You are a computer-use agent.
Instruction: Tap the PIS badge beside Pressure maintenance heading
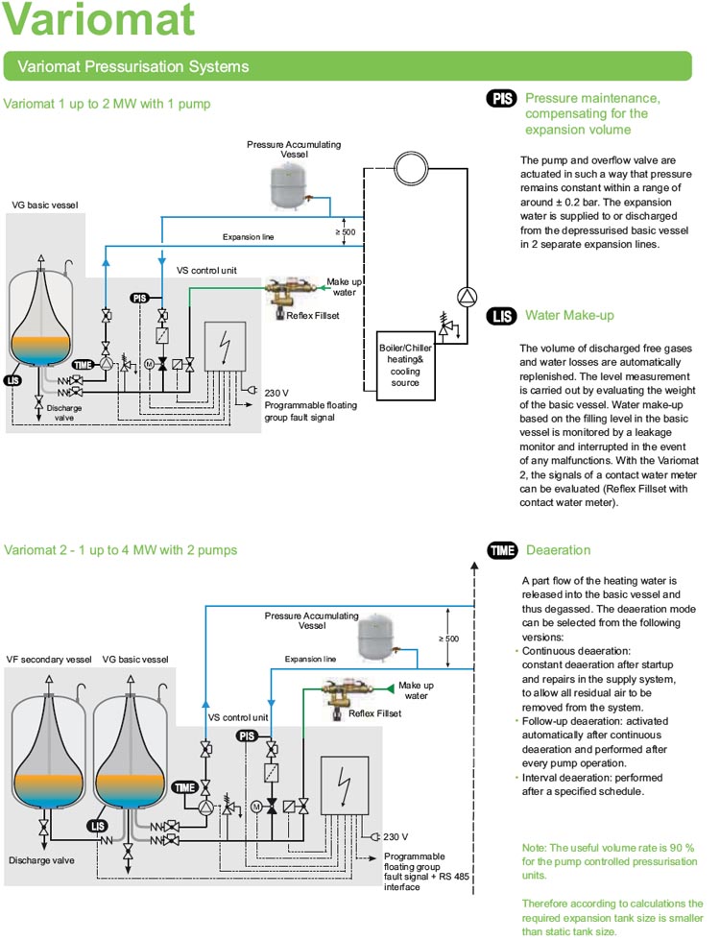[x=502, y=99]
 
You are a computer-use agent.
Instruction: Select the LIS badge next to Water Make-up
[x=502, y=316]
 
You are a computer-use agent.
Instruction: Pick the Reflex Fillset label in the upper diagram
[x=312, y=315]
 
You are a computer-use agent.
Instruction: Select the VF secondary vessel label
[x=49, y=660]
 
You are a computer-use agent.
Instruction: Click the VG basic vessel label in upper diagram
[x=45, y=205]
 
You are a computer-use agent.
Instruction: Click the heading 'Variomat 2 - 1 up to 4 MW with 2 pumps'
[x=120, y=550]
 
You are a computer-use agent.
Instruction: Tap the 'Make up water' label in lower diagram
[x=416, y=690]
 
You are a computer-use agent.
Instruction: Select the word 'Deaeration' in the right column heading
[x=559, y=550]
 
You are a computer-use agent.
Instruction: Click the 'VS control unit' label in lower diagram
[x=238, y=716]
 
